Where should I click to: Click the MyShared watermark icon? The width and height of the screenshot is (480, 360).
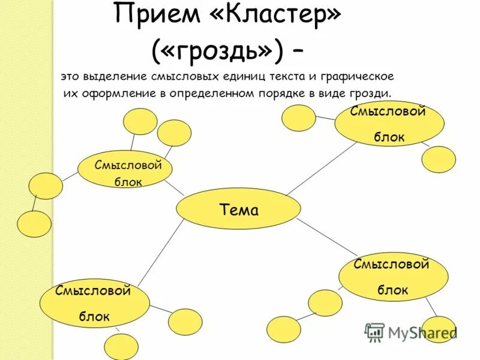374,332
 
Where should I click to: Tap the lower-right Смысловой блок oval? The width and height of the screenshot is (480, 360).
393,277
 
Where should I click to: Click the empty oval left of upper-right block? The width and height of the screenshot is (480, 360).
298,118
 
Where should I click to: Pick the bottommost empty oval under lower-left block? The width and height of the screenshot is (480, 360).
121,347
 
